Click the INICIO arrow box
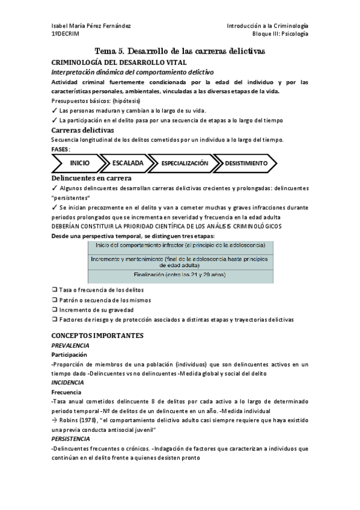[x=80, y=163]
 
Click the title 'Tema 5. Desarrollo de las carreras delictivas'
[x=180, y=52]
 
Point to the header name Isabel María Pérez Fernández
[x=91, y=26]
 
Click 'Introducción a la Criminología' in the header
[x=267, y=26]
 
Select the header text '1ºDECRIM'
[x=64, y=34]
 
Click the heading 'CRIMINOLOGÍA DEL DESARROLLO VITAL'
[x=119, y=62]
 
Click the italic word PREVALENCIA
[x=70, y=345]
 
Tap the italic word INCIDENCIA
[x=68, y=382]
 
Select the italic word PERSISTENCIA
[x=72, y=439]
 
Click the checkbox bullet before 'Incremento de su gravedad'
[x=55, y=309]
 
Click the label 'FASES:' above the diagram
[x=61, y=149]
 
